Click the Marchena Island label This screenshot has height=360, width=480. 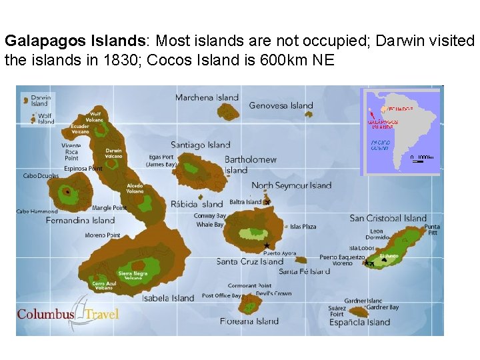207,98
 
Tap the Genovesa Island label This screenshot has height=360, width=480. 281,105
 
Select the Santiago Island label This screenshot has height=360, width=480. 200,145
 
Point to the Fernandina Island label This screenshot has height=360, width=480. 80,220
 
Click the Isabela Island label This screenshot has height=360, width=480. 168,298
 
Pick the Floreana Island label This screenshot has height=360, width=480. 249,321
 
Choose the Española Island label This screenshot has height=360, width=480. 359,323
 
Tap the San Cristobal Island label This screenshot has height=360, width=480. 388,218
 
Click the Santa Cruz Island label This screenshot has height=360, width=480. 250,262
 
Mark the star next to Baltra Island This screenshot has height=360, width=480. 267,201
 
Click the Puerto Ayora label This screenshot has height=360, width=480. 279,253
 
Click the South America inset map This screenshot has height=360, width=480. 400,131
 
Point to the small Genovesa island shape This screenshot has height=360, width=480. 308,114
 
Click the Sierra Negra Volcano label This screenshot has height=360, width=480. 133,275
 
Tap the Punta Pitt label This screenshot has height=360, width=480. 432,229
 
